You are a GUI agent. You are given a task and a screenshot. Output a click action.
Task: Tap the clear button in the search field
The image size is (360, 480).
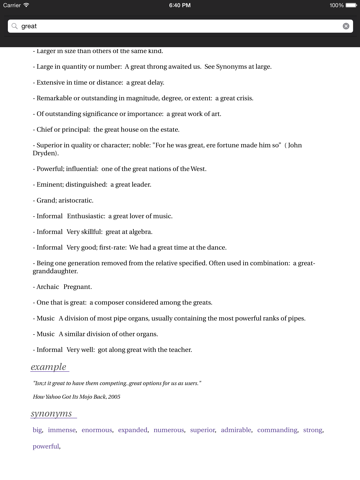(x=346, y=26)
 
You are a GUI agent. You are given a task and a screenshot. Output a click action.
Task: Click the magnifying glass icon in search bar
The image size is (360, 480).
(x=14, y=26)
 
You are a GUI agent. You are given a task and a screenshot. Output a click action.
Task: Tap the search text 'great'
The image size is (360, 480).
(x=29, y=26)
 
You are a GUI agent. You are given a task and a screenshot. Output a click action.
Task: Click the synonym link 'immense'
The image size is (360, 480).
(x=62, y=430)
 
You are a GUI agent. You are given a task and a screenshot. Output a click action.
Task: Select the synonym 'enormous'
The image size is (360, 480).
(x=97, y=430)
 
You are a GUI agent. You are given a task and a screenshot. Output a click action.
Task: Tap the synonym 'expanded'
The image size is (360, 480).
(x=133, y=430)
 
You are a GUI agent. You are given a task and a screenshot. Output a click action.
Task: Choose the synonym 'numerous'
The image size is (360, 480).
(x=169, y=430)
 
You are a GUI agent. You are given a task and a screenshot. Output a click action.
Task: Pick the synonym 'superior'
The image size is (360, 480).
(x=203, y=430)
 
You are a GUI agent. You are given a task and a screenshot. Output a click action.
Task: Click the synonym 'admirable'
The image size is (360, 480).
(x=236, y=430)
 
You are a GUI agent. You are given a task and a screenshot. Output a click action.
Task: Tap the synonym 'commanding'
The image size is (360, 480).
(x=277, y=430)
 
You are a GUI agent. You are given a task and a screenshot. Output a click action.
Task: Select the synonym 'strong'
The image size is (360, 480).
(x=313, y=430)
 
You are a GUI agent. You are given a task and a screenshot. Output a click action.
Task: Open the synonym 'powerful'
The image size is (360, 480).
(x=46, y=446)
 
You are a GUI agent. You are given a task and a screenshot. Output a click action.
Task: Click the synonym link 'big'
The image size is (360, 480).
(x=37, y=430)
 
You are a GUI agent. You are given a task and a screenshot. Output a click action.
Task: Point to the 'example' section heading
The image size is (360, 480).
(x=48, y=367)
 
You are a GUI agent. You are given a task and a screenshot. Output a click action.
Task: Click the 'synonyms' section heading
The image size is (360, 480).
(x=51, y=413)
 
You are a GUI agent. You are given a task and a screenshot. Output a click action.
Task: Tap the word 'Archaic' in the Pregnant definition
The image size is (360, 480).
(x=49, y=286)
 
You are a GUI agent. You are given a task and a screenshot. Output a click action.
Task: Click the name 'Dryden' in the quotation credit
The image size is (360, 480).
(x=45, y=153)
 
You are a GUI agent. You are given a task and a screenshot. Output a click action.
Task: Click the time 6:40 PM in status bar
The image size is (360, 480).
(x=180, y=5)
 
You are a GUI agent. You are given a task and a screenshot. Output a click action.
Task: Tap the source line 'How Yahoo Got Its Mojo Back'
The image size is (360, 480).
(x=76, y=397)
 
